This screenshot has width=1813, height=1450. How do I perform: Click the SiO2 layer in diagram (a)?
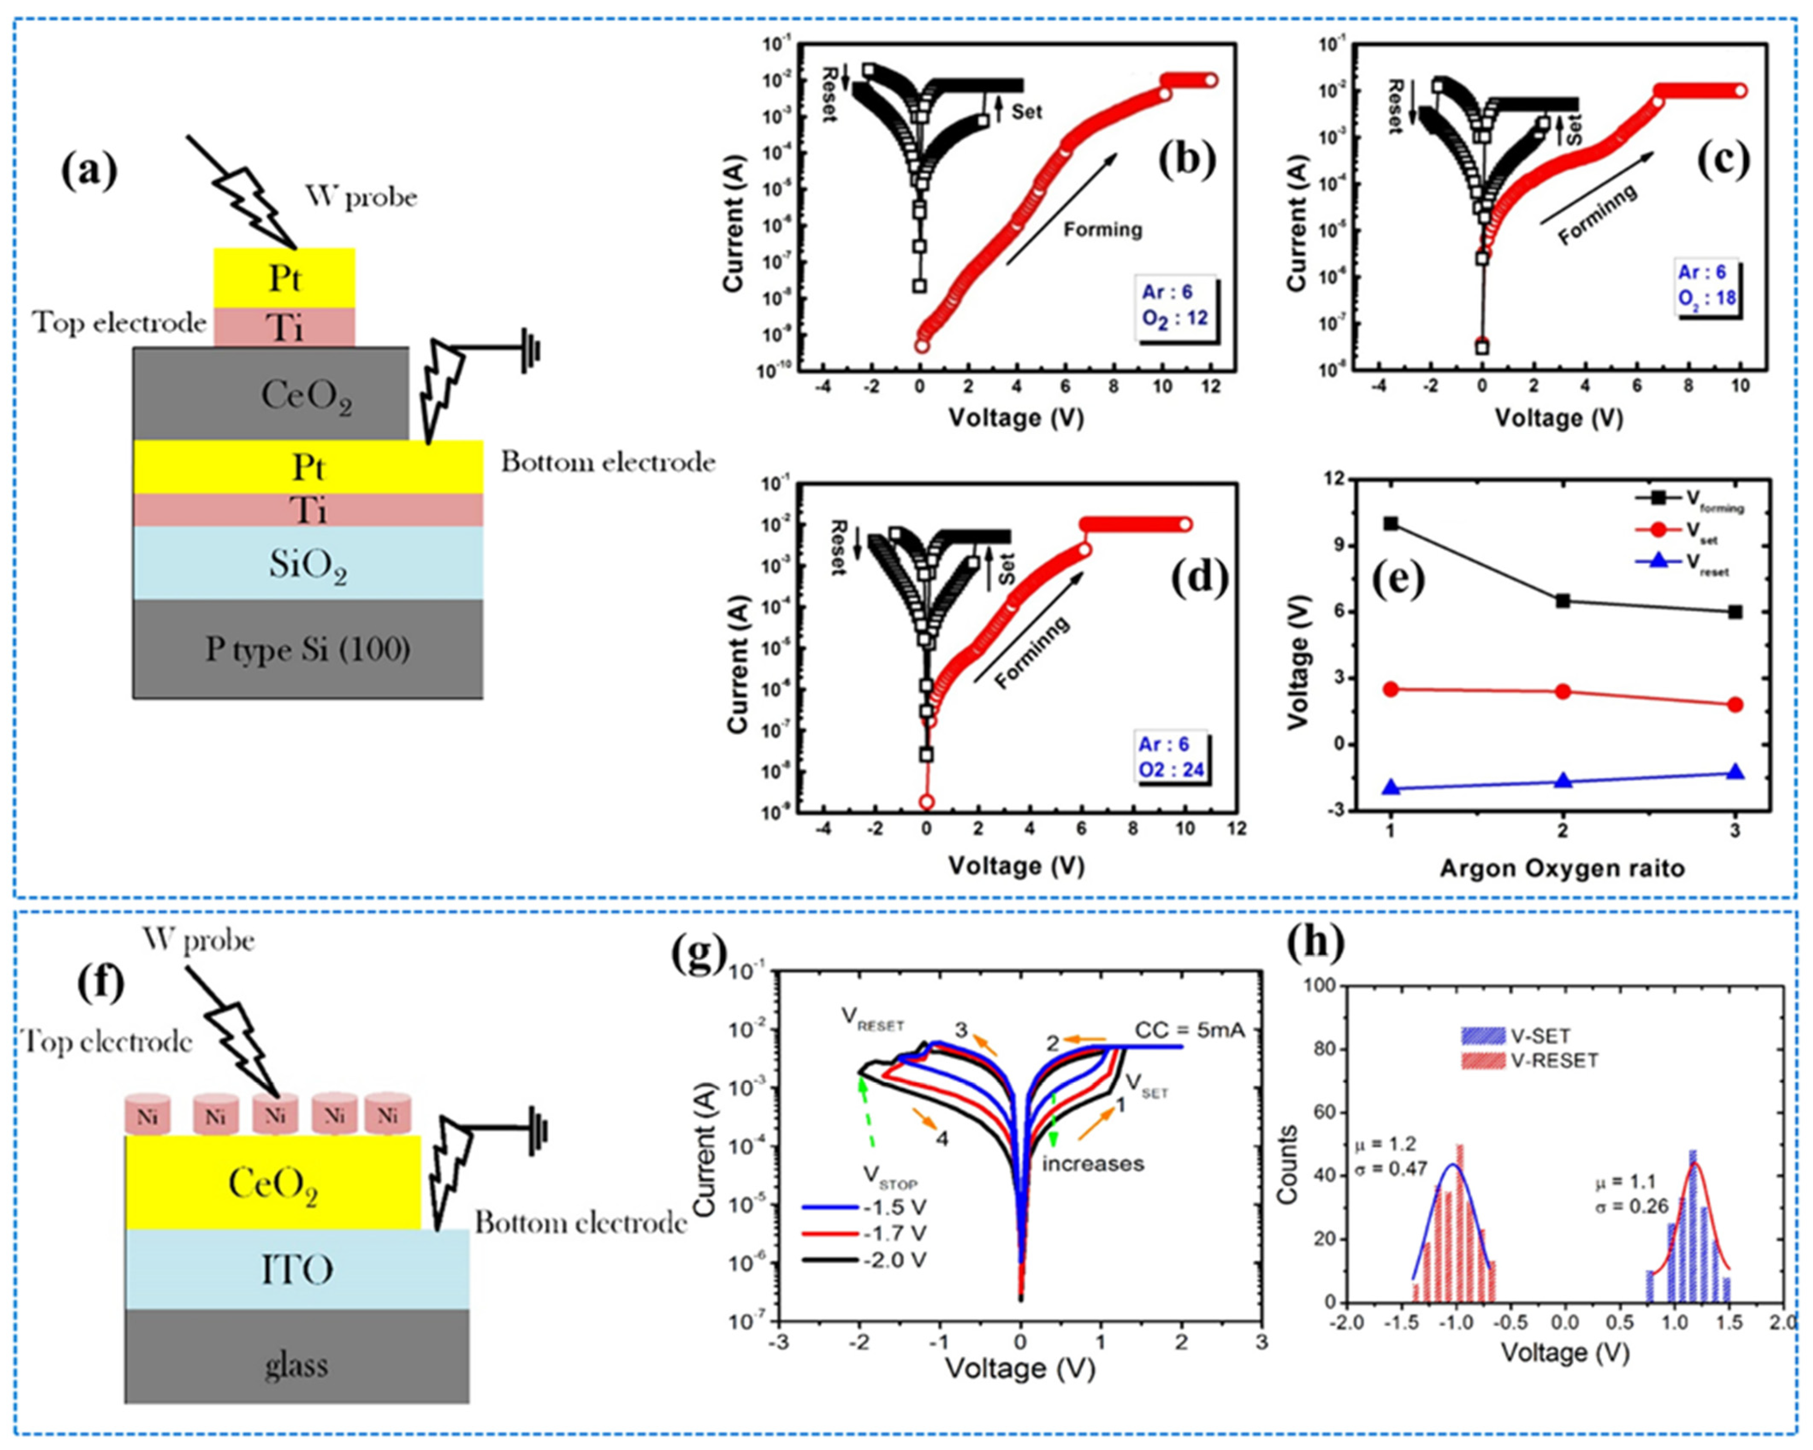308,563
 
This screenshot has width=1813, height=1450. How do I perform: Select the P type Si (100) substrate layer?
308,649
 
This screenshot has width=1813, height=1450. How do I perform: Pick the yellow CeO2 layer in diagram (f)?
272,1184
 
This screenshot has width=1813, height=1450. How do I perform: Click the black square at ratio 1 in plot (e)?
1390,523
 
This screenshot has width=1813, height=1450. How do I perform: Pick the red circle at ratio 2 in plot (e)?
1563,691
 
